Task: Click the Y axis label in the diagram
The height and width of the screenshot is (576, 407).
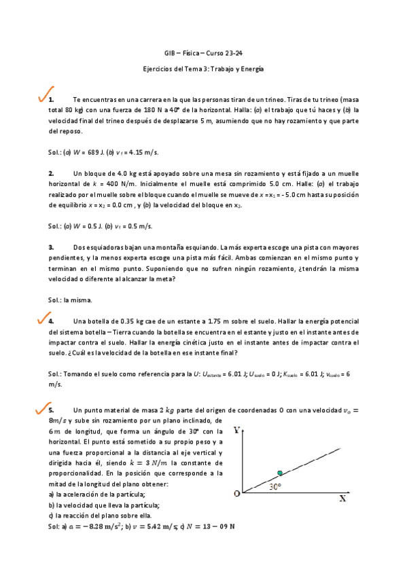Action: [x=236, y=430]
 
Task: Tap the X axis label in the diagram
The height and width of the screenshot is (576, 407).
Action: [x=342, y=499]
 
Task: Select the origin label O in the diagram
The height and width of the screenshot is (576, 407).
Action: [x=236, y=494]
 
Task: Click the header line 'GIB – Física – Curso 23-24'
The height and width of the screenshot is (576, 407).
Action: [x=203, y=53]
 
